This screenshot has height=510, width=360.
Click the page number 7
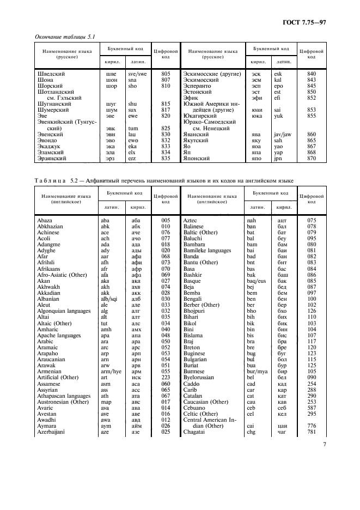pos(324,444)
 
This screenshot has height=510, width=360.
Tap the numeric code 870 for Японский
pos(312,158)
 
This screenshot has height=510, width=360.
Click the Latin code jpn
pos(278,158)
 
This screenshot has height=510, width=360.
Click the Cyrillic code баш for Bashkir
pos(282,275)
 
